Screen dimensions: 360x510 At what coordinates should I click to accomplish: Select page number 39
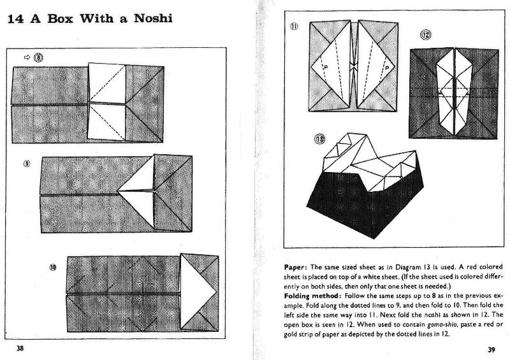pos(492,349)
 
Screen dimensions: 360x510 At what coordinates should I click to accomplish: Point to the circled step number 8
pos(38,57)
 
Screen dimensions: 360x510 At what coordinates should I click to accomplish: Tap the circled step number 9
pos(27,164)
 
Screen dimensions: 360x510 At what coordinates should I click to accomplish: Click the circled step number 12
pos(425,34)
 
